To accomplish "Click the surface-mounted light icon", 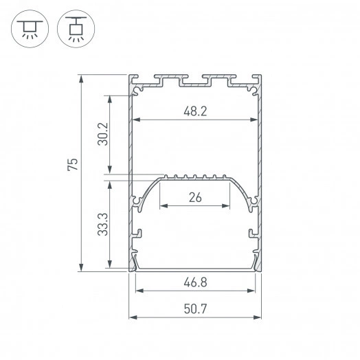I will tap(28, 28).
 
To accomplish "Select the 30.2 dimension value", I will tap(102, 135).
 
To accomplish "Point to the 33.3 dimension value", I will tap(102, 224).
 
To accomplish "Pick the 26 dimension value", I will tap(195, 198).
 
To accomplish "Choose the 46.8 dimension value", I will tap(195, 282).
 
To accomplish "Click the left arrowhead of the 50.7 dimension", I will tap(132, 317).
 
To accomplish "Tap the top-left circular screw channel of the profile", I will tap(138, 87).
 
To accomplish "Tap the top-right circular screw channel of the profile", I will tap(253, 87).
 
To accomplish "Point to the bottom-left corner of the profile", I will tap(131, 269).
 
